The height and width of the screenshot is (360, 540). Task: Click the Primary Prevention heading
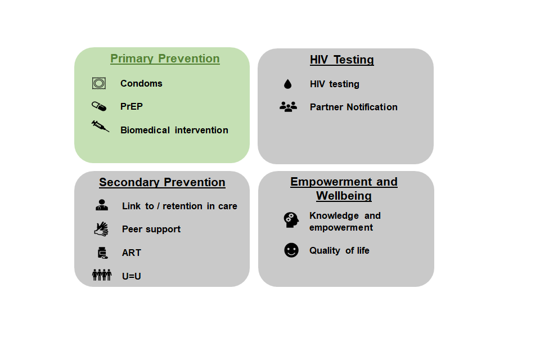tap(165, 58)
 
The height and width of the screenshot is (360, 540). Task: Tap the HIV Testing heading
tap(342, 60)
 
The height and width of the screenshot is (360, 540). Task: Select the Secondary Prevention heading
tap(162, 182)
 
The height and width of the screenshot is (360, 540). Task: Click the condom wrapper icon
tap(99, 83)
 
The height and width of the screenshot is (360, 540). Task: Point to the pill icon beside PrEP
tap(99, 106)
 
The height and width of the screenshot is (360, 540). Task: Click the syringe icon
tap(100, 127)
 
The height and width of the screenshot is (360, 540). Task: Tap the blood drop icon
tap(287, 84)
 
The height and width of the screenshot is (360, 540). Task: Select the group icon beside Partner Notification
tap(288, 107)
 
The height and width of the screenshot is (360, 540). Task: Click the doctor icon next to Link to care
tap(102, 205)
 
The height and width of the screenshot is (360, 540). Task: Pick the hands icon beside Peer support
tap(101, 229)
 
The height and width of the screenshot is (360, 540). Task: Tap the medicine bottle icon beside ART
tap(102, 253)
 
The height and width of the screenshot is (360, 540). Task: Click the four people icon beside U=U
tap(102, 275)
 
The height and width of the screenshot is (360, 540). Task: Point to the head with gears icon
tap(291, 220)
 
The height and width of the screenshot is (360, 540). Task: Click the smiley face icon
tap(291, 250)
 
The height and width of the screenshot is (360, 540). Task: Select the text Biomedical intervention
tap(174, 130)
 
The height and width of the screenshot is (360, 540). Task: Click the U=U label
tap(132, 276)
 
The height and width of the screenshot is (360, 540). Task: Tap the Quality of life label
tap(339, 251)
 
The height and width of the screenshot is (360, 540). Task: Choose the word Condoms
tap(141, 83)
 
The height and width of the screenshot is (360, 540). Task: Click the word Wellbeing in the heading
tap(344, 196)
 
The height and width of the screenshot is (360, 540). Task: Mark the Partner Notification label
tap(354, 107)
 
